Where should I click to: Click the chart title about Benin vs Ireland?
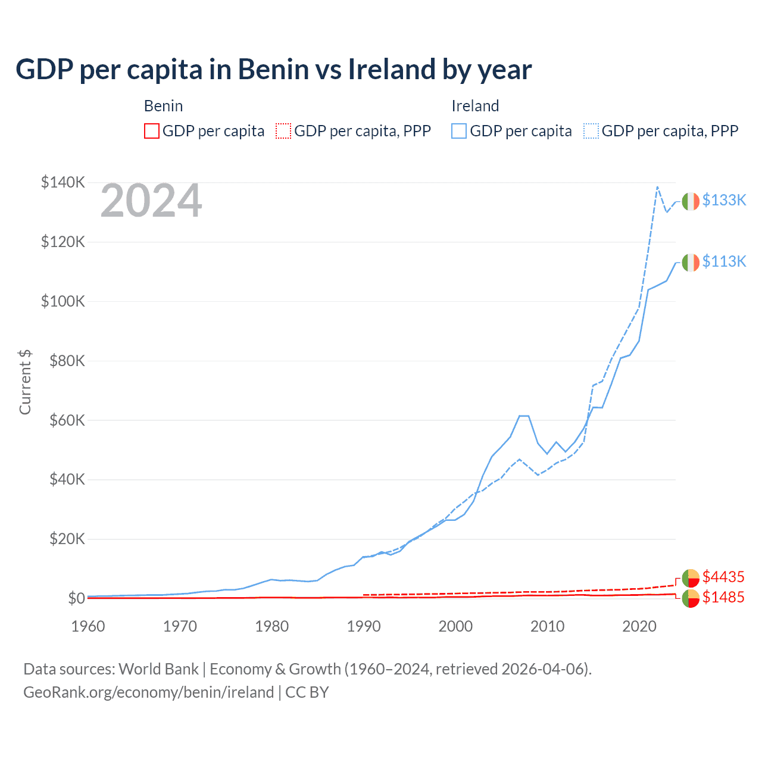(273, 70)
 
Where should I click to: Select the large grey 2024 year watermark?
(151, 201)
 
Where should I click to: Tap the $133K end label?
(724, 201)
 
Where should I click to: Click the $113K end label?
(724, 262)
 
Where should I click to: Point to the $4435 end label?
(723, 577)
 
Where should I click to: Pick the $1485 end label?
(723, 598)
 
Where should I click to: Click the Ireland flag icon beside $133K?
(691, 202)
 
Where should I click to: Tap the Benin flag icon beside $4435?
(691, 578)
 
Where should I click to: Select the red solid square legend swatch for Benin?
(152, 131)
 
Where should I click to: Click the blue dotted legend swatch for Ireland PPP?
(591, 131)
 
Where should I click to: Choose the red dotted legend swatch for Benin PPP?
(283, 131)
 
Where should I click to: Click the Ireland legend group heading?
(475, 106)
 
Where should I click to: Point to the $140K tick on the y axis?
(63, 183)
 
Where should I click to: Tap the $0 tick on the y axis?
(76, 598)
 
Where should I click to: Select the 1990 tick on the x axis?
(364, 626)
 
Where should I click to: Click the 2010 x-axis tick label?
(547, 626)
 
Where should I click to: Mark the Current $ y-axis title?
(25, 382)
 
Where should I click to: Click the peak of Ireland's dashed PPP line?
(657, 187)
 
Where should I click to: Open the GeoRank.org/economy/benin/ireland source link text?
(148, 692)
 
